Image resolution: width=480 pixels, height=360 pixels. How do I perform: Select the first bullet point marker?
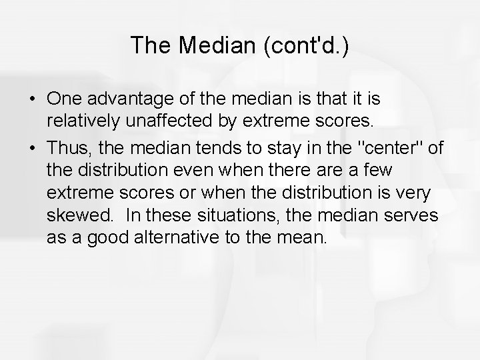tap(32, 99)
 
